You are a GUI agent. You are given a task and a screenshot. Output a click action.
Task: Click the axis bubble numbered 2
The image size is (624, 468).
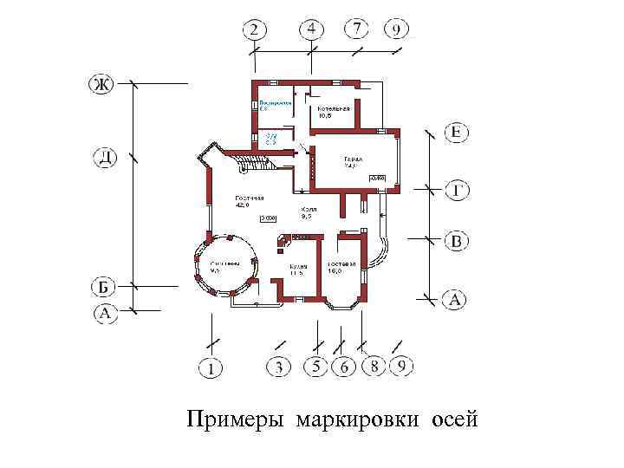click(x=253, y=30)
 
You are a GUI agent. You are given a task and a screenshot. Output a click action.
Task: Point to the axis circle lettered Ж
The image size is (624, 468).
click(x=101, y=84)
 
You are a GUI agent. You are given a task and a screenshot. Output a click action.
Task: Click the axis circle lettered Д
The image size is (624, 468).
click(x=103, y=158)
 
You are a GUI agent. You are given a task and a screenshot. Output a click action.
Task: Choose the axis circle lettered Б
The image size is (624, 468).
click(x=103, y=287)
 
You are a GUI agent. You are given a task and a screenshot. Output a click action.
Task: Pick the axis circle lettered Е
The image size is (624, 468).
click(x=457, y=133)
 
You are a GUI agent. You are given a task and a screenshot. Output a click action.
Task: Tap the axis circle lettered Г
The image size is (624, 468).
click(x=457, y=189)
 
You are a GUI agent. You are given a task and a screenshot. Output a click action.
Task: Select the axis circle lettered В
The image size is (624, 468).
click(x=457, y=240)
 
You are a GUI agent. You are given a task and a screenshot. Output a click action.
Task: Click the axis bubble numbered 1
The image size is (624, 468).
click(x=211, y=368)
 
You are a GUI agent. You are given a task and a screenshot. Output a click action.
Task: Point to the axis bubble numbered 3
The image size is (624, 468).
click(x=278, y=367)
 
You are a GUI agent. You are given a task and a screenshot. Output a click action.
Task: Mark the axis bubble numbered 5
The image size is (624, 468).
click(x=316, y=367)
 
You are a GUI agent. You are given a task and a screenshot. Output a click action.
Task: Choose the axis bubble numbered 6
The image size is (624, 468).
click(x=344, y=367)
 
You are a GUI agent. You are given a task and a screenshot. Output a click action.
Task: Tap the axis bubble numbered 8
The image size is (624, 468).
click(x=374, y=367)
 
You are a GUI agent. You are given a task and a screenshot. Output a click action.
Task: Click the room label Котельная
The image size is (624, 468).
click(x=334, y=110)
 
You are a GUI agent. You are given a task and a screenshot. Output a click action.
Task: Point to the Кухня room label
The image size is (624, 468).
click(x=299, y=268)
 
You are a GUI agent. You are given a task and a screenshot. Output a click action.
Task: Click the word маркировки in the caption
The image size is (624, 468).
click(x=356, y=421)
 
